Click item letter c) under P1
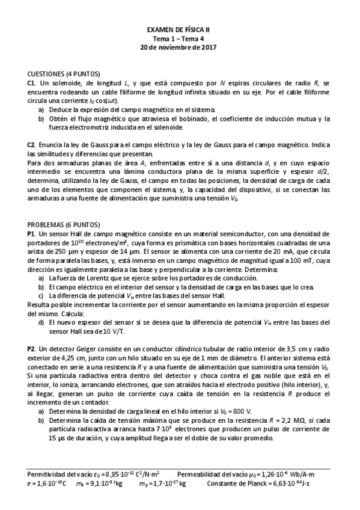click(x=41, y=296)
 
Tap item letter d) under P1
click(x=41, y=322)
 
